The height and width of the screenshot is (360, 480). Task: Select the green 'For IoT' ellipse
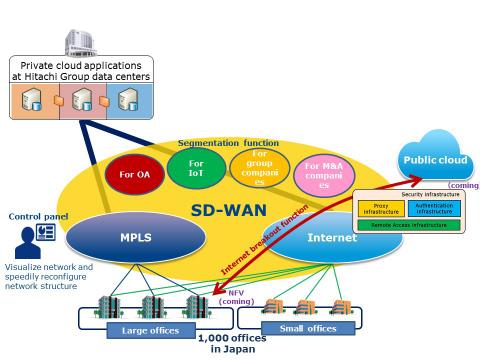(196, 168)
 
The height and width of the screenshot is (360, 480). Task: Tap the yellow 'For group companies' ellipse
(259, 170)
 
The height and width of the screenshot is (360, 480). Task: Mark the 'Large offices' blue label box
(151, 329)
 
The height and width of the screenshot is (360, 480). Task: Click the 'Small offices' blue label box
(307, 327)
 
